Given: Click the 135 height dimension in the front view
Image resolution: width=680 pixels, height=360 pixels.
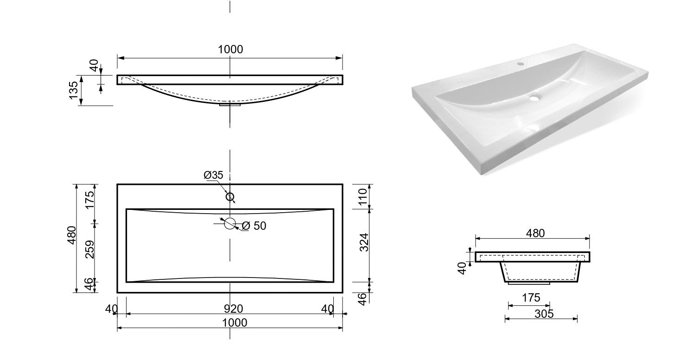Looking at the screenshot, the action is pyautogui.click(x=74, y=90).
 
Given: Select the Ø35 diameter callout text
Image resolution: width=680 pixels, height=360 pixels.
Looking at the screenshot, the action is pyautogui.click(x=213, y=175).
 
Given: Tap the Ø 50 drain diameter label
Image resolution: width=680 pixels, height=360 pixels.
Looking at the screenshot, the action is pyautogui.click(x=254, y=226).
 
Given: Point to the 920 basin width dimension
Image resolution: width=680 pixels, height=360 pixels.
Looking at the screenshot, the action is pyautogui.click(x=234, y=309).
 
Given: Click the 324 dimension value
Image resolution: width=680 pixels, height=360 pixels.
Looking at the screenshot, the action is pyautogui.click(x=364, y=242).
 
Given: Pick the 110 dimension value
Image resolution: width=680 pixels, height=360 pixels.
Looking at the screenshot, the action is pyautogui.click(x=363, y=197).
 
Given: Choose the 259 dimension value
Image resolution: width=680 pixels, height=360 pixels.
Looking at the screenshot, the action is pyautogui.click(x=90, y=249).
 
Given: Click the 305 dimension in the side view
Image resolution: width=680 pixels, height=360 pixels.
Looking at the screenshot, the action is pyautogui.click(x=544, y=314).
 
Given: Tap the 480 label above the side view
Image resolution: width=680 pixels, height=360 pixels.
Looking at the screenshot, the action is pyautogui.click(x=535, y=233).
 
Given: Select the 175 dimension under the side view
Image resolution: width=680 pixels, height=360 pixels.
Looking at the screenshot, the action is pyautogui.click(x=531, y=297).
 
